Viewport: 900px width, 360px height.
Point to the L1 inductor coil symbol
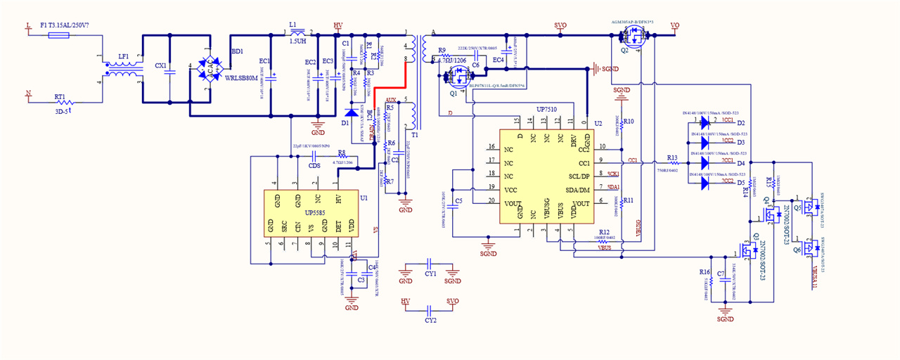(297, 32)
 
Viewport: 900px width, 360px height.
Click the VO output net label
(674, 26)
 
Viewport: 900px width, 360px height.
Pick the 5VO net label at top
(560, 26)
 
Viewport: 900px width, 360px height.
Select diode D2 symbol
(705, 123)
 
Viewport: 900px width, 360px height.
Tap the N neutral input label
(28, 93)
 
